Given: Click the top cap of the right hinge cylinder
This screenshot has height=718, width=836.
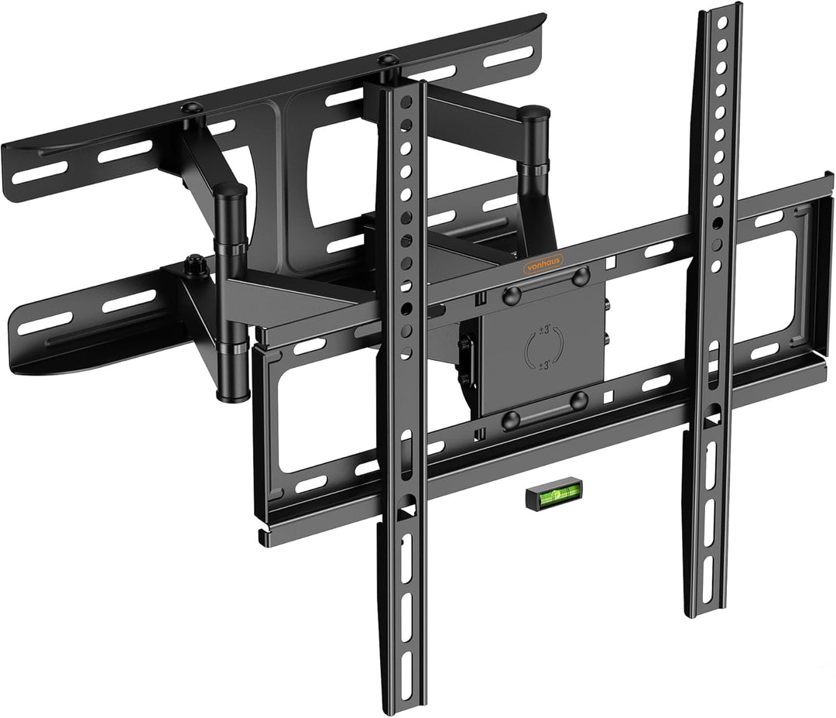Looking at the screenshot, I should point(534,112).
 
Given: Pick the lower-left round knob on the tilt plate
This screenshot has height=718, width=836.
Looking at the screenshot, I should point(511,421).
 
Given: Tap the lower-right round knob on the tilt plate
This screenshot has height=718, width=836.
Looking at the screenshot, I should point(579,400).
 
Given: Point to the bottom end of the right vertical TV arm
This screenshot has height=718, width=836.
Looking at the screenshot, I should point(701,612).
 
